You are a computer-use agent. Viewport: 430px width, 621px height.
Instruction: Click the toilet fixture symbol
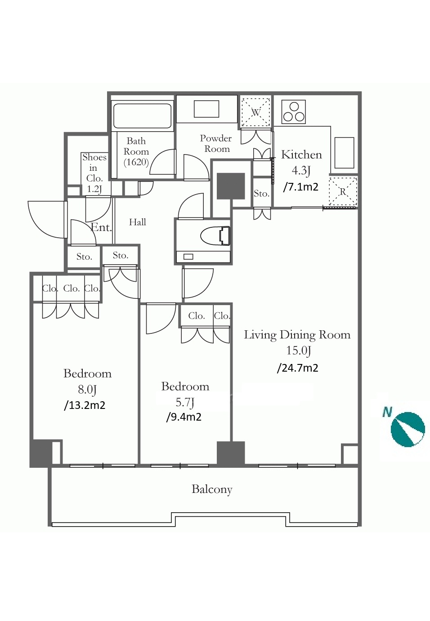(x=215, y=236)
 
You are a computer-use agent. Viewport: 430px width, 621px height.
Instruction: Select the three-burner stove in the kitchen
(x=294, y=112)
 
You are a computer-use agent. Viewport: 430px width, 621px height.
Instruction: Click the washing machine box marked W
(x=255, y=112)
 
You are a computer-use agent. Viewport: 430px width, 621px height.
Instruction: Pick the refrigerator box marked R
(x=343, y=191)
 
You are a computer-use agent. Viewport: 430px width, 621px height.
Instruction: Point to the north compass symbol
(x=408, y=430)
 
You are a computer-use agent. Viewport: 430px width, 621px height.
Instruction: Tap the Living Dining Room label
(x=297, y=335)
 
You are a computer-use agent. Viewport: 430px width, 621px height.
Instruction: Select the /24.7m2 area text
(x=297, y=368)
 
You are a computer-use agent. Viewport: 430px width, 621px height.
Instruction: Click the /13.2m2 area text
(x=85, y=405)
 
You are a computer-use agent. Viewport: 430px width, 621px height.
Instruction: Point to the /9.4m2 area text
(x=184, y=417)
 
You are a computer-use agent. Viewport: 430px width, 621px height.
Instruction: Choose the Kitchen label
(x=301, y=155)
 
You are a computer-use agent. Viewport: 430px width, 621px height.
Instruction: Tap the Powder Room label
(x=216, y=144)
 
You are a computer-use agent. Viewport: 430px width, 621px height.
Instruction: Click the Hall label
(x=138, y=222)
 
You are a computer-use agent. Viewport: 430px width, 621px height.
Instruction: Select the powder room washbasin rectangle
(x=206, y=109)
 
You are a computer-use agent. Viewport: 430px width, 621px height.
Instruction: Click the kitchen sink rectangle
(x=344, y=153)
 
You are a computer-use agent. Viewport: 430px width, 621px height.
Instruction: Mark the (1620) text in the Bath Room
(x=136, y=162)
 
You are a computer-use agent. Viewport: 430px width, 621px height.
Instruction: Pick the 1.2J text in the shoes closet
(x=94, y=189)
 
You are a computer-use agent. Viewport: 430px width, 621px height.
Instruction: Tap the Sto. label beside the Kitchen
(x=261, y=193)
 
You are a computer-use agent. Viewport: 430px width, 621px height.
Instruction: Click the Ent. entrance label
(x=101, y=227)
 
